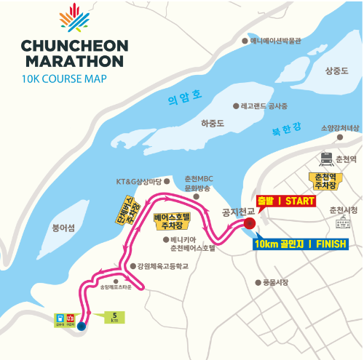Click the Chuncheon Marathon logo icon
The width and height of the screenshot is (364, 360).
click(x=74, y=19)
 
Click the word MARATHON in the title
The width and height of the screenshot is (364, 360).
click(x=74, y=60)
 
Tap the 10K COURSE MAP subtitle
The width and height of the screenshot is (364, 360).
click(x=64, y=78)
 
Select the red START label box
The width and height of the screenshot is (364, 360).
click(x=287, y=201)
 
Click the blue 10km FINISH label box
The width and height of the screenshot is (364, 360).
click(x=301, y=244)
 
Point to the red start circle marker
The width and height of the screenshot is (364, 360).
click(x=248, y=224)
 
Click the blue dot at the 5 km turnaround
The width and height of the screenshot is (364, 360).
click(x=81, y=327)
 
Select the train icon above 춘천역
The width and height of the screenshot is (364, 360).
click(x=325, y=159)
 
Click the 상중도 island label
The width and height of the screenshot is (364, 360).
click(x=336, y=71)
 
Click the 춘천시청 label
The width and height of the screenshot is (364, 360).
click(x=344, y=210)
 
